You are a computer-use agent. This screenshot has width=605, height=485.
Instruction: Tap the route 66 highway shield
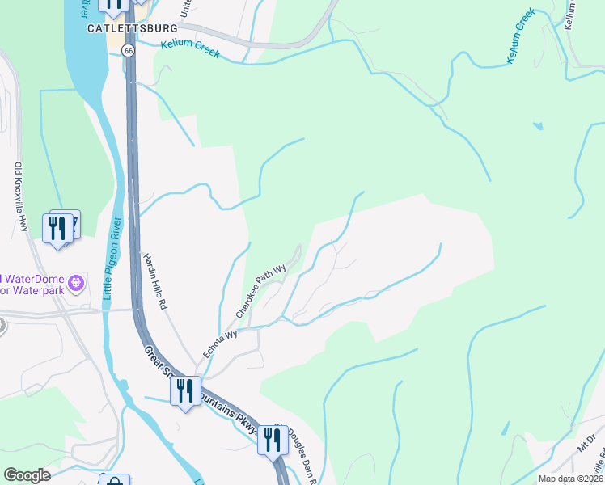pos(128,50)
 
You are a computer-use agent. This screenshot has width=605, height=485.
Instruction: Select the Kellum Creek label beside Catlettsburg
pos(190,45)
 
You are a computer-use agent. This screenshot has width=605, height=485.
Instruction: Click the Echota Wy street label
pos(220,344)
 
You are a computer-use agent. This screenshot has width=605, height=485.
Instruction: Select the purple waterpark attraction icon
pos(76,283)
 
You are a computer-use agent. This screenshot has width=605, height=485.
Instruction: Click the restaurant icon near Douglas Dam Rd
pos(273,440)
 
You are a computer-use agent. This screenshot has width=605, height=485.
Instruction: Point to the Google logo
pos(27,475)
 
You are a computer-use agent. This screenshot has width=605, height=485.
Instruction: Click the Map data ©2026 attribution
pos(570,479)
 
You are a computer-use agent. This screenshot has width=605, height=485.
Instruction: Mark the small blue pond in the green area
pos(537,126)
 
